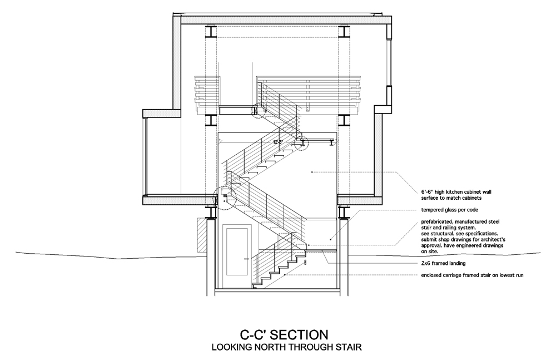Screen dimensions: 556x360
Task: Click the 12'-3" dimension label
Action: [277, 142]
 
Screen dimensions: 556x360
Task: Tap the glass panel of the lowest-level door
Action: [237, 251]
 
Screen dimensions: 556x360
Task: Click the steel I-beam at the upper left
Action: [210, 32]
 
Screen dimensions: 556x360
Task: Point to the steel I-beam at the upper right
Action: [344, 32]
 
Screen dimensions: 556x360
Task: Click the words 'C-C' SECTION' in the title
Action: [284, 335]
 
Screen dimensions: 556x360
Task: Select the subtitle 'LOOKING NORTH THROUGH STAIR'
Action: [286, 347]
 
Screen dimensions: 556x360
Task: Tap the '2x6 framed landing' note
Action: [443, 263]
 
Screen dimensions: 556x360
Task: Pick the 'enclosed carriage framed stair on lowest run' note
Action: [472, 275]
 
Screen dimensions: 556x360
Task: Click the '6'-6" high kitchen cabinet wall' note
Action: [456, 192]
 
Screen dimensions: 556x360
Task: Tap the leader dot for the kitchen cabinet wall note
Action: [312, 172]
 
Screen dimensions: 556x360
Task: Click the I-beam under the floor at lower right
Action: [343, 213]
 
